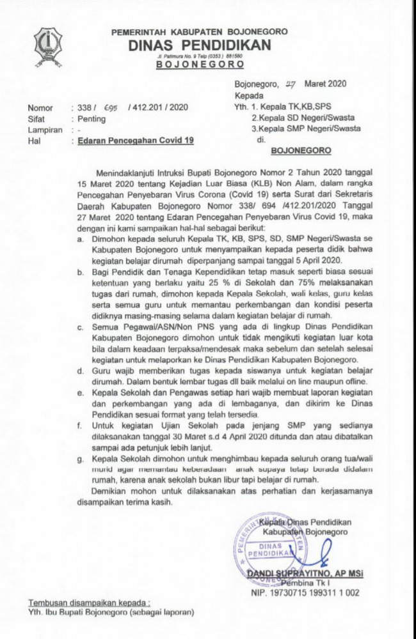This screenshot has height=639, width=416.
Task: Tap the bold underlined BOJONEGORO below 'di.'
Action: click(x=301, y=152)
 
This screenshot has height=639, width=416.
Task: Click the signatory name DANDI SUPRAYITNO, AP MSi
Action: click(x=305, y=574)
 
